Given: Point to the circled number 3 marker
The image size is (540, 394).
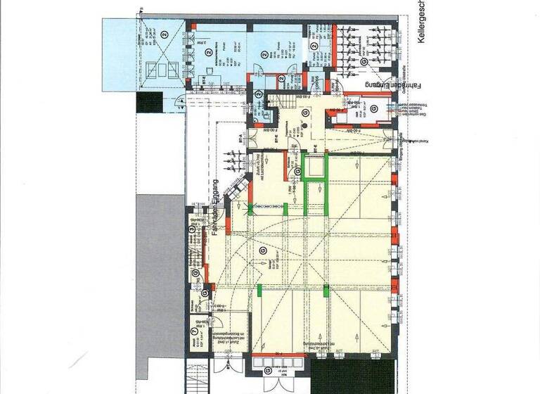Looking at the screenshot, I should click(x=192, y=227).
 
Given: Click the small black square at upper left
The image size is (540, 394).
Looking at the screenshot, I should click(x=150, y=103).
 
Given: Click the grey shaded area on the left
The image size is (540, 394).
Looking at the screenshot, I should click(x=160, y=274).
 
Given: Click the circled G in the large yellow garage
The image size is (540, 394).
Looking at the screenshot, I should click(x=263, y=250).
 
